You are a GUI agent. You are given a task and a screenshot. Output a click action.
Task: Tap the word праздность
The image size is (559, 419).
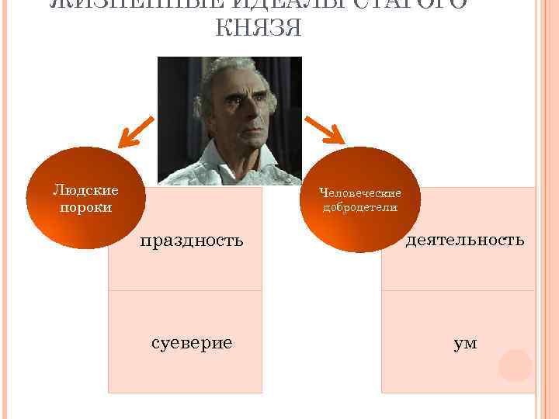coord(192,241)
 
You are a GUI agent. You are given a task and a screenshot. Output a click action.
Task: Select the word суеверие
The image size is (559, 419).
coord(192,342)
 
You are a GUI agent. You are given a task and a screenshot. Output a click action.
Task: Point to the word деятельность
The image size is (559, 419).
coord(465,240)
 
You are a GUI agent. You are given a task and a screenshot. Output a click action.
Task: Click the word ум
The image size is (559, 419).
coord(466,342)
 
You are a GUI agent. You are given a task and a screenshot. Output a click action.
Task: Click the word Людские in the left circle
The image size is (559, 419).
coord(85,190)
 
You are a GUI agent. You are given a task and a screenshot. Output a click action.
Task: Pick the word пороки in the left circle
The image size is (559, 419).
coord(85,207)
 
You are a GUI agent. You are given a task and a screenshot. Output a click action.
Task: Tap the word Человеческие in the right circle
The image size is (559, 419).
coord(360,193)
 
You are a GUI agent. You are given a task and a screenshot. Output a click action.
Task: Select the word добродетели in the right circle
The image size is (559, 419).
coord(360,208)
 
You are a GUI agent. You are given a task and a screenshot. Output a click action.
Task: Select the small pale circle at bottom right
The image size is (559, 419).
coord(515,365)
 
